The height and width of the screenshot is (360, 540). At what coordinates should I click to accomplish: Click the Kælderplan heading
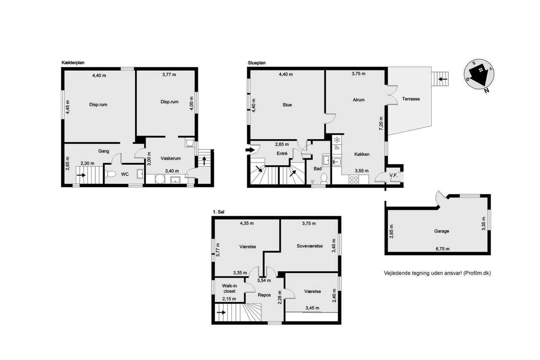click(x=73, y=63)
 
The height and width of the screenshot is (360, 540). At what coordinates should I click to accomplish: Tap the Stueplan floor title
click(x=257, y=63)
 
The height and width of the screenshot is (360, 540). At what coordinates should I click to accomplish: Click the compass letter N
click(x=487, y=91)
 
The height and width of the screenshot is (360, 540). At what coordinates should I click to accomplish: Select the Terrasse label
click(x=411, y=99)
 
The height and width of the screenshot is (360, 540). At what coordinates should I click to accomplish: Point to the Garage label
click(x=441, y=231)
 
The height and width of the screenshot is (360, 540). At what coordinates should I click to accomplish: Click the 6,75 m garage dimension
click(x=443, y=249)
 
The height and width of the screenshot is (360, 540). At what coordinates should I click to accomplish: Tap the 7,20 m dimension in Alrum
click(x=381, y=124)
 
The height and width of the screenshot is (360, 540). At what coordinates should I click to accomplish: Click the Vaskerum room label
click(x=171, y=158)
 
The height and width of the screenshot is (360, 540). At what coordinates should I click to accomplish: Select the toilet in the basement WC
click(x=111, y=174)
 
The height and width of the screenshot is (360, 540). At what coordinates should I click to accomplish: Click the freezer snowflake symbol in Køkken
click(x=337, y=139)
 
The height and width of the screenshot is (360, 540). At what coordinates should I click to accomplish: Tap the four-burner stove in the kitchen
click(x=354, y=180)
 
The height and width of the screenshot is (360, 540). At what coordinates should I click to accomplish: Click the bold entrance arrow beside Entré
click(x=250, y=150)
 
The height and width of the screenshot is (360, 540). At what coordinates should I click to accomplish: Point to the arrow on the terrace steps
click(x=443, y=79)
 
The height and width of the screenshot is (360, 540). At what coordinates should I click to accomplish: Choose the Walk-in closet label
click(x=229, y=288)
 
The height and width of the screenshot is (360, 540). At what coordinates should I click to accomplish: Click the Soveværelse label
click(x=310, y=246)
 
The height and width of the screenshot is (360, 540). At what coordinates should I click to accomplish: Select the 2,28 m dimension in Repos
click(x=280, y=297)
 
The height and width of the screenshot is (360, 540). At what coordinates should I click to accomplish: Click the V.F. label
click(x=394, y=175)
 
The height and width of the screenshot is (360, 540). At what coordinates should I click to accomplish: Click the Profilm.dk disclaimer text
click(x=437, y=273)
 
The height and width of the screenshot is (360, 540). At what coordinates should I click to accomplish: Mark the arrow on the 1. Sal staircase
click(x=221, y=312)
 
